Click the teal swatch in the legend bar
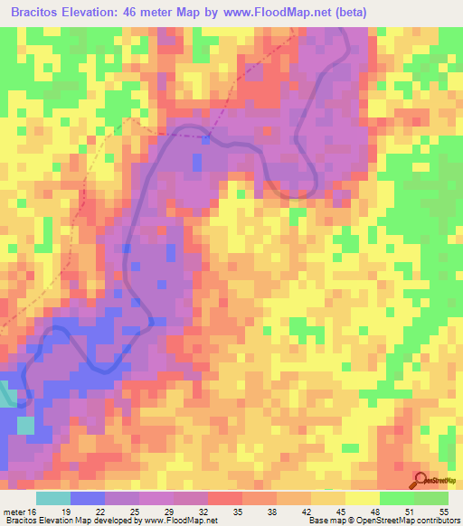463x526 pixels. (x=53, y=498)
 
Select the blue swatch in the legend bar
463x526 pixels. (x=88, y=498)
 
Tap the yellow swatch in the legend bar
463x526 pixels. (x=361, y=498)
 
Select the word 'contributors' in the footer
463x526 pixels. (x=436, y=521)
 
